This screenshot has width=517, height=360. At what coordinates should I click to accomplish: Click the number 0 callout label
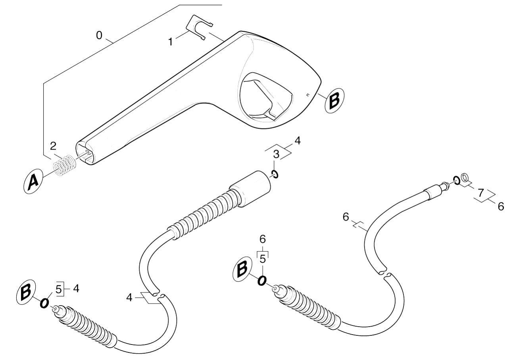(x=99, y=36)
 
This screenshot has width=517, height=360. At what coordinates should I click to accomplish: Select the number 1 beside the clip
(x=171, y=42)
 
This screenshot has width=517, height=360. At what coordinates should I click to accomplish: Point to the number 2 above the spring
(x=53, y=146)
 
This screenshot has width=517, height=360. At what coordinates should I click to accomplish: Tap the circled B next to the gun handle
(x=334, y=100)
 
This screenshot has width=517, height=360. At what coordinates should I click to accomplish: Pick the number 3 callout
(x=276, y=154)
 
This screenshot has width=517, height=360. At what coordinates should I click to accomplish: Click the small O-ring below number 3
(x=275, y=174)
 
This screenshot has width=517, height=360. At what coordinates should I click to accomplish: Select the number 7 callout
(x=481, y=193)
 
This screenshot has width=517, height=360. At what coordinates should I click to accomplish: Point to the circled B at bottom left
(x=26, y=293)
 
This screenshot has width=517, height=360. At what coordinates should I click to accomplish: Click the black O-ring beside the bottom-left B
(x=44, y=303)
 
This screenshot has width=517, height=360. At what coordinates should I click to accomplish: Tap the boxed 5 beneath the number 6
(x=263, y=259)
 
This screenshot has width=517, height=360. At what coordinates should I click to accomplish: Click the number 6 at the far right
(x=501, y=206)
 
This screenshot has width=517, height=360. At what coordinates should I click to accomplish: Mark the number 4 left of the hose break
(x=129, y=298)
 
